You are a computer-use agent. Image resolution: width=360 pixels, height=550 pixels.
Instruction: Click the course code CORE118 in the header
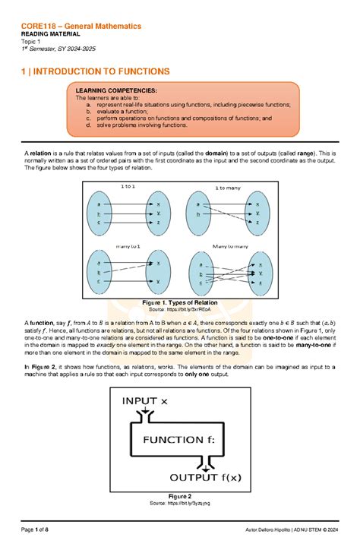[38, 26]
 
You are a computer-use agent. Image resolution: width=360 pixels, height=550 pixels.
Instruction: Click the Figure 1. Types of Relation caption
[179, 302]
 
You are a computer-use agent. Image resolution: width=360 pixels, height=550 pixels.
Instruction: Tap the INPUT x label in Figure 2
[150, 400]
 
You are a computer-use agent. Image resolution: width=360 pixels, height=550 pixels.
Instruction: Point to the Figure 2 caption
[179, 497]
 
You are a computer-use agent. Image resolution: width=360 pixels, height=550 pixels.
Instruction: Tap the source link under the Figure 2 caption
[179, 504]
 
